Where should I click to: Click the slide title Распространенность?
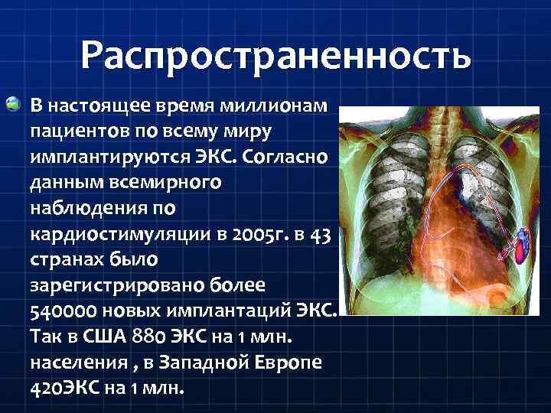[275, 55]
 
